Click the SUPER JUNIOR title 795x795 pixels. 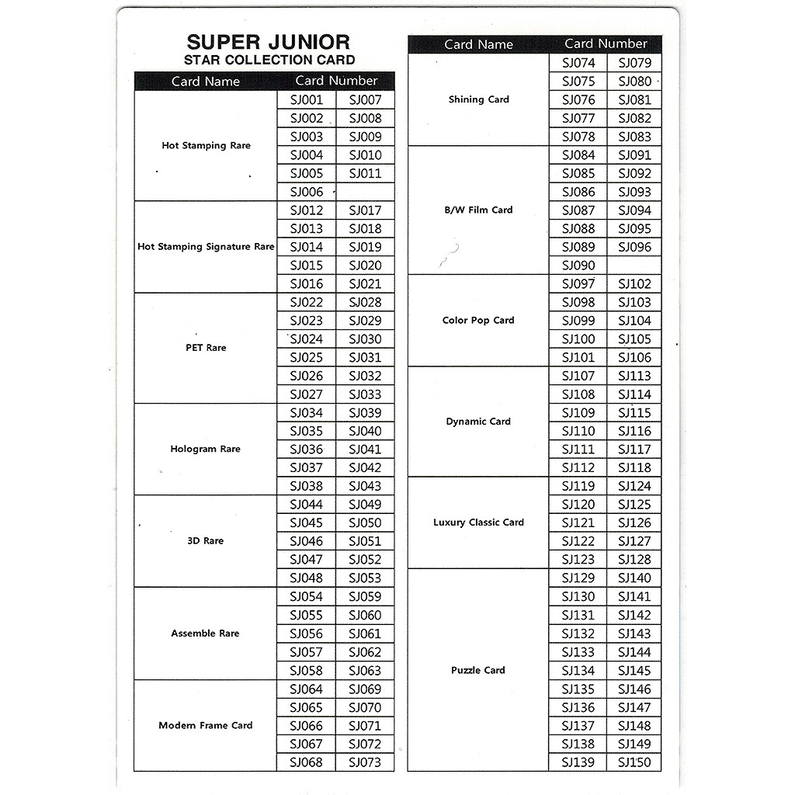[268, 42]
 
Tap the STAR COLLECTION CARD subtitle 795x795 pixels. [269, 61]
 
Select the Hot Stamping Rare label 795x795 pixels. [206, 145]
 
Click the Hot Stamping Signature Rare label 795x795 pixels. [206, 247]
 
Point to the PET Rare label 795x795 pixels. [206, 348]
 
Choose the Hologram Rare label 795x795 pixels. [206, 449]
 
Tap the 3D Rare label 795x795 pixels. [206, 541]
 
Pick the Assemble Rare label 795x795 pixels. [206, 634]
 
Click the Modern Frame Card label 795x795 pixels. [206, 725]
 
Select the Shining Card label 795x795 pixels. [478, 99]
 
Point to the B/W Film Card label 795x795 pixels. [478, 210]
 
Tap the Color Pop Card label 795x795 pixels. [478, 320]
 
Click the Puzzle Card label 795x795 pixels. [478, 670]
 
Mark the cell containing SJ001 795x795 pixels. [306, 99]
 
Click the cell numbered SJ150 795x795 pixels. [634, 762]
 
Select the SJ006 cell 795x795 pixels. [306, 192]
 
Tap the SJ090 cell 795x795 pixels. [578, 266]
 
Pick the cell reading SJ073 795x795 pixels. [365, 762]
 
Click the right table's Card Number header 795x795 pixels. [606, 44]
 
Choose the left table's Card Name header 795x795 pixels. [206, 82]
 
